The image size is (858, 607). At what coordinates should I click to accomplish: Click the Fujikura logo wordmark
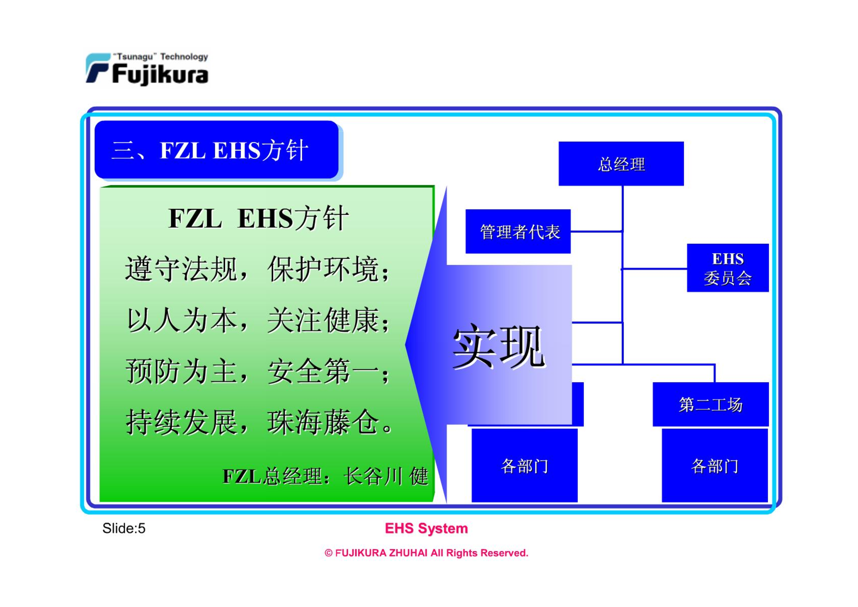[x=160, y=74]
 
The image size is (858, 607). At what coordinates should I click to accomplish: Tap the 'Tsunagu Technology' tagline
[x=160, y=57]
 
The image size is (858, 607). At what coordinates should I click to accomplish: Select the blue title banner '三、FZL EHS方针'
[x=216, y=150]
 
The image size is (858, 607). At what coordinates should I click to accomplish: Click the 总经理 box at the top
[x=621, y=164]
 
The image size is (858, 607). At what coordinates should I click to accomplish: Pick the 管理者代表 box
[x=518, y=232]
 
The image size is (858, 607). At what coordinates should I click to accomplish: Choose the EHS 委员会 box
[x=728, y=268]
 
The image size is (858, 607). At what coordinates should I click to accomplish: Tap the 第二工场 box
[x=711, y=404]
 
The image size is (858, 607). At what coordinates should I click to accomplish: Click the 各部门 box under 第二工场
[x=715, y=465]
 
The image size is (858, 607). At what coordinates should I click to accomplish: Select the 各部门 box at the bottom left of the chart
[x=525, y=465]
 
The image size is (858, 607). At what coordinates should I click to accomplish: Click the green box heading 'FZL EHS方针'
[x=258, y=219]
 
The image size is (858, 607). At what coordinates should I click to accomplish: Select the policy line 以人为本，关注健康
[x=258, y=320]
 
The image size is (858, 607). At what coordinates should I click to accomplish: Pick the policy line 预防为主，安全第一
[x=258, y=371]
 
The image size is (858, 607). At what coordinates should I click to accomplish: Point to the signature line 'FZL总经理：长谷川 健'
[x=326, y=476]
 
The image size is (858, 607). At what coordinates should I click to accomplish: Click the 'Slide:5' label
[x=124, y=529]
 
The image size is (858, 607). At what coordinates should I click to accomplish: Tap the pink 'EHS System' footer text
[x=426, y=529]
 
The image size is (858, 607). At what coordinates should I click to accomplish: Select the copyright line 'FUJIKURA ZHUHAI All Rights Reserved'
[x=426, y=553]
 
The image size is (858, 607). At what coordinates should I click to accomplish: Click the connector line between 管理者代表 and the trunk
[x=597, y=232]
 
